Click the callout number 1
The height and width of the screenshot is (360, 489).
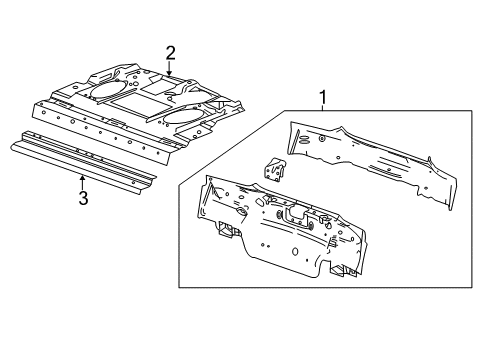coord(322,96)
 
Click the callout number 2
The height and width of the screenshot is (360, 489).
coord(170,52)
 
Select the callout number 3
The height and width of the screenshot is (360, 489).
coord(83,198)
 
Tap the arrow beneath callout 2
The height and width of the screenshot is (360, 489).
coord(170,70)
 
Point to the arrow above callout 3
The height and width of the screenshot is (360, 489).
coord(83,180)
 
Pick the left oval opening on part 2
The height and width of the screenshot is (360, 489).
coord(104,87)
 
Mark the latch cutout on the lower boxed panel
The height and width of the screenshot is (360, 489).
coord(294,214)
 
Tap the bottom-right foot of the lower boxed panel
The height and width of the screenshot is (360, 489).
coord(340,267)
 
